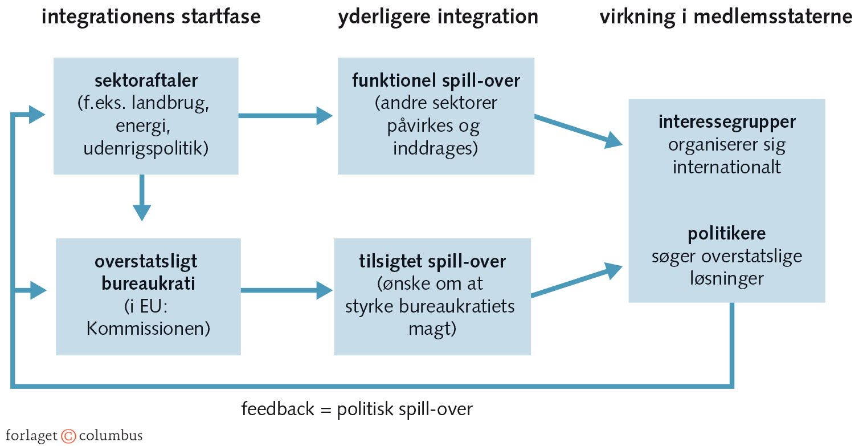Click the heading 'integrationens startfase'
tap(151, 17)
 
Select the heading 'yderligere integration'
tap(437, 17)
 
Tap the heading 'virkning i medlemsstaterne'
tap(726, 17)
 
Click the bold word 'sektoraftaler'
tap(146, 80)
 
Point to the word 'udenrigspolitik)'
tap(146, 149)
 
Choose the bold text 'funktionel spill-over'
tap(436, 80)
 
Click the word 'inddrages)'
tap(436, 149)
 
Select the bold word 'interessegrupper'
tap(727, 121)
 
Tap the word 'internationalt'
tap(727, 167)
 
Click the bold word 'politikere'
tap(727, 233)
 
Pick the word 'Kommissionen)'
tap(148, 329)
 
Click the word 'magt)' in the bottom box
tap(432, 329)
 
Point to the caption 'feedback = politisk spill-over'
tap(357, 409)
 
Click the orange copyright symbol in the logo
tap(68, 436)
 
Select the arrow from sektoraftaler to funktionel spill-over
tap(285, 116)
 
